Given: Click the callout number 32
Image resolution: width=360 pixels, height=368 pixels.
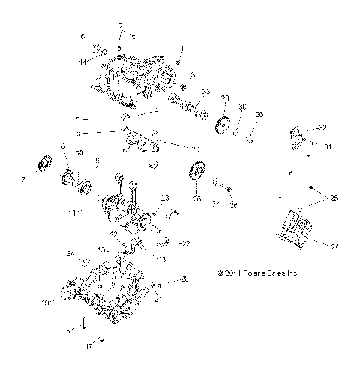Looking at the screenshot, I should coord(322,128).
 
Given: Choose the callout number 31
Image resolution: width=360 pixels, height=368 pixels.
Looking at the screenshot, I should coord(326,147).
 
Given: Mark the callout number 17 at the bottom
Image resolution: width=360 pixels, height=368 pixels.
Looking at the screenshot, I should coord(88,347).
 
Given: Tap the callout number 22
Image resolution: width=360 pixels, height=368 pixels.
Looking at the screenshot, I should coord(186,243).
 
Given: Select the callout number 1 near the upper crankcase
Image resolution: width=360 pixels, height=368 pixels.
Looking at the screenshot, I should coord(180,50).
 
